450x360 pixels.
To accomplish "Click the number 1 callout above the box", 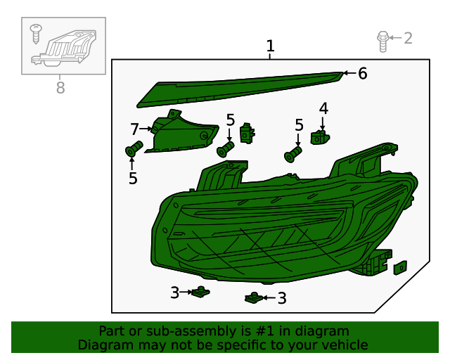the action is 270,46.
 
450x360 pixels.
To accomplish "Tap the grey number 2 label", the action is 408,38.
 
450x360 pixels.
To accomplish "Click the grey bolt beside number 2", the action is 382,41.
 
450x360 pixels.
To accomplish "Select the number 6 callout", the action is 363,73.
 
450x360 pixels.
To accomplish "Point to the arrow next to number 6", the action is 350,73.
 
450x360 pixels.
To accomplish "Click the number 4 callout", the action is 323,108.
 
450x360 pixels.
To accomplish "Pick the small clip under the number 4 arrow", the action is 320,137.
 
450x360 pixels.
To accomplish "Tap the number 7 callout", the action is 134,129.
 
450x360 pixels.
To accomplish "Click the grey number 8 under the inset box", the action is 60,88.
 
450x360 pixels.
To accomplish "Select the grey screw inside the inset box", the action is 36,34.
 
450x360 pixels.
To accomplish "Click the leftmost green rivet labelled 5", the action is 134,148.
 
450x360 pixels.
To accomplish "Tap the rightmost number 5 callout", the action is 299,125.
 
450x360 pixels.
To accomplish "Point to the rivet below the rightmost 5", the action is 293,154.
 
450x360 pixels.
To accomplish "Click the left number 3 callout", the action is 175,292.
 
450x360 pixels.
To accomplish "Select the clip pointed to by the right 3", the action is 254,298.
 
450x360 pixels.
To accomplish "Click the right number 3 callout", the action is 282,298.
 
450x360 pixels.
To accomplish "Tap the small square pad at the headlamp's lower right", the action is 400,268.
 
